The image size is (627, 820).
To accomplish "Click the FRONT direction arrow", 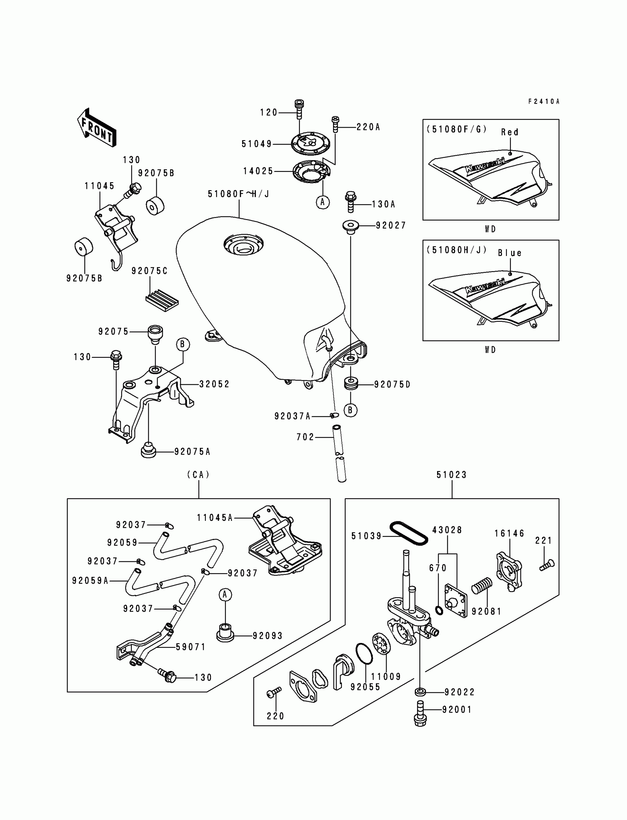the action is (x=97, y=128).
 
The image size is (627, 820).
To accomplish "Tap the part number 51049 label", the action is (x=257, y=144).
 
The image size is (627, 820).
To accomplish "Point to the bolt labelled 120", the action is (x=299, y=109).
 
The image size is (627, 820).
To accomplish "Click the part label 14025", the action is (x=258, y=171).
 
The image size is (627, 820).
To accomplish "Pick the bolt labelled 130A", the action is (x=350, y=201).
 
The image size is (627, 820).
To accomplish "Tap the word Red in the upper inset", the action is (x=510, y=132).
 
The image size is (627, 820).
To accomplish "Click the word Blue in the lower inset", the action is (x=509, y=253).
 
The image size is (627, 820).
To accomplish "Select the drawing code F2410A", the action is (x=544, y=101).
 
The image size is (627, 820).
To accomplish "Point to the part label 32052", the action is (x=214, y=384).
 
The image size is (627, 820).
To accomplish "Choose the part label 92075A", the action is (x=193, y=452).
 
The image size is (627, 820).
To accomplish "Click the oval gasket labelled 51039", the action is (x=409, y=533).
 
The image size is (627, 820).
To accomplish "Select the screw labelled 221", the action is (x=547, y=565).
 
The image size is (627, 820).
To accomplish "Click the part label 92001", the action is (x=457, y=709).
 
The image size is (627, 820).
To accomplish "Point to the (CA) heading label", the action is (x=198, y=475).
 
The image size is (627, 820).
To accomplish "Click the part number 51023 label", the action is (x=451, y=475).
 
